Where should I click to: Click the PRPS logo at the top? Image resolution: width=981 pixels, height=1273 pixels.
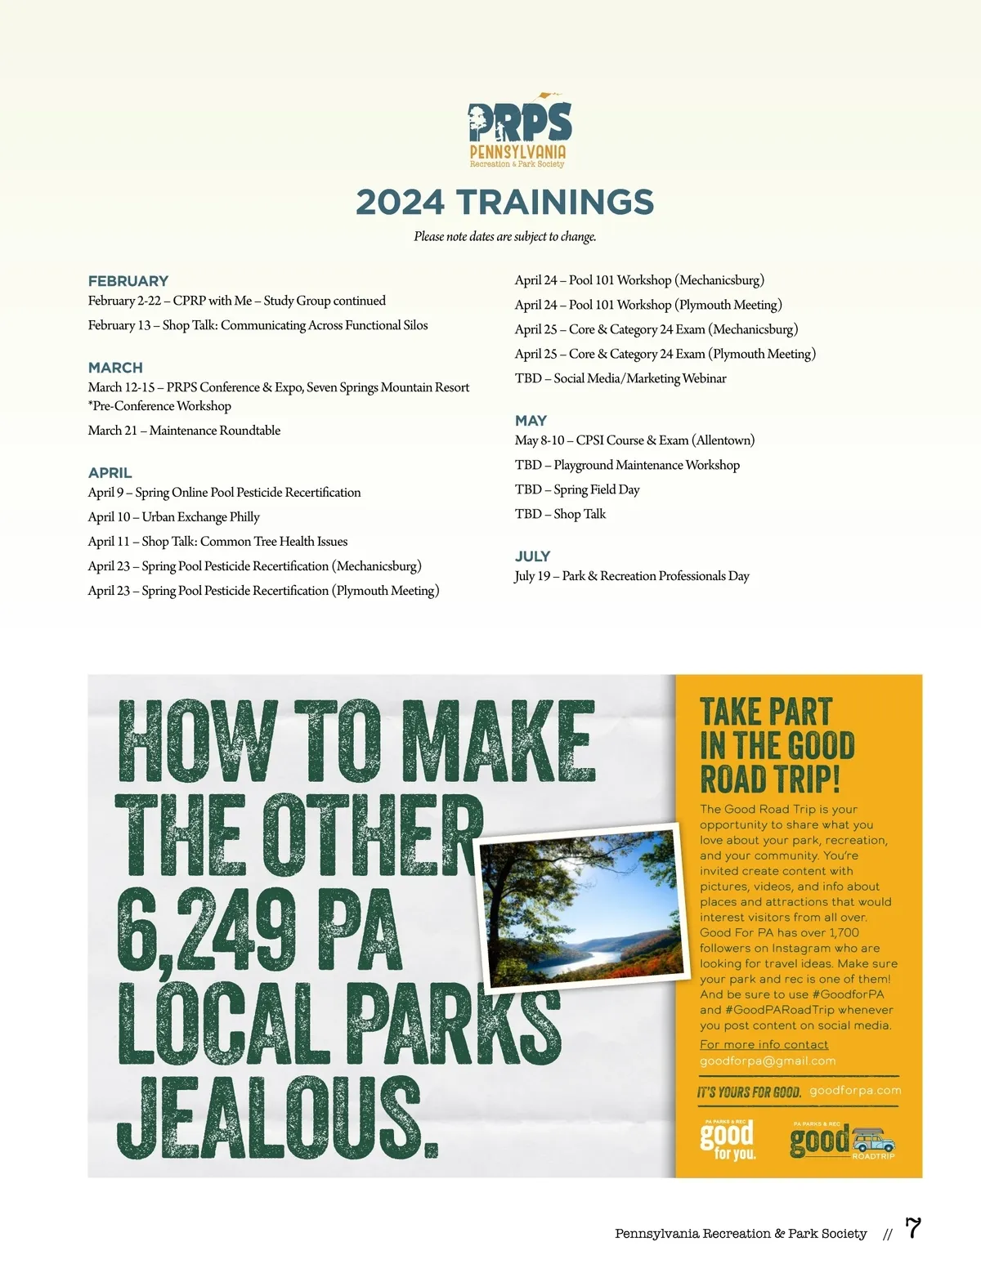click(x=518, y=131)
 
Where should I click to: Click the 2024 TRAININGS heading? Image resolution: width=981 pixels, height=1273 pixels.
click(x=505, y=203)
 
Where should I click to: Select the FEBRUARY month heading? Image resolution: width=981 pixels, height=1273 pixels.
click(x=128, y=281)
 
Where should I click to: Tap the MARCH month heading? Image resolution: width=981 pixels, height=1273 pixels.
click(x=115, y=368)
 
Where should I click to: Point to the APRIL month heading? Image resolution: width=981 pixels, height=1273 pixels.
click(x=110, y=473)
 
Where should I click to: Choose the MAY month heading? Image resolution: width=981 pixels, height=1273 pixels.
click(x=531, y=421)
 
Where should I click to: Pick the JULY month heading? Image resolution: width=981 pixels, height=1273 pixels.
click(x=532, y=556)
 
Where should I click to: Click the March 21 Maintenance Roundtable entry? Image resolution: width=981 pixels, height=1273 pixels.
click(x=184, y=431)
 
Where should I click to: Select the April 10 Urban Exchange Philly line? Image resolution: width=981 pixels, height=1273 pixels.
click(x=173, y=517)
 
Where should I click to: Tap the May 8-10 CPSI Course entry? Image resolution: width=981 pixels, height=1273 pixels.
click(x=634, y=440)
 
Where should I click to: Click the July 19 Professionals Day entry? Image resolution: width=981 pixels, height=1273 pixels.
click(x=631, y=576)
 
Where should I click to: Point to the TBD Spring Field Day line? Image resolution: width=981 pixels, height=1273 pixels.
click(x=577, y=489)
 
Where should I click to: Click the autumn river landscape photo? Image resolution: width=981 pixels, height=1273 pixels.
click(x=580, y=907)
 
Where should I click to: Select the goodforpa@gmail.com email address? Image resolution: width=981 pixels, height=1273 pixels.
click(x=768, y=1061)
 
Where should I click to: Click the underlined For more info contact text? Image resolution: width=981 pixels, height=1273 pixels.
click(x=764, y=1045)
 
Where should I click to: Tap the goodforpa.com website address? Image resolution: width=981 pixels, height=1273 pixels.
click(x=855, y=1091)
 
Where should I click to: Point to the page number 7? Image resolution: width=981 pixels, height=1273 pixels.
click(x=913, y=1228)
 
